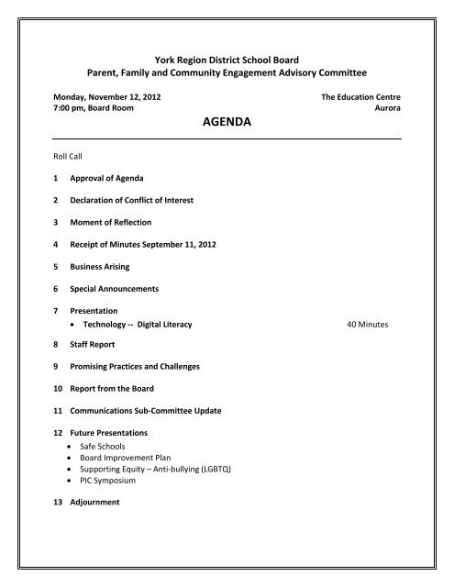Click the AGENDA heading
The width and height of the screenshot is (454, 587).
(x=226, y=119)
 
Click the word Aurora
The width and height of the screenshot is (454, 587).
(x=385, y=107)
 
